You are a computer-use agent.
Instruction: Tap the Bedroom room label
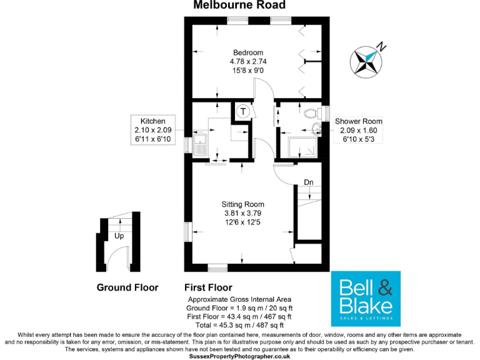click(248, 52)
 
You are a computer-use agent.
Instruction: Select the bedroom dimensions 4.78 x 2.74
click(248, 61)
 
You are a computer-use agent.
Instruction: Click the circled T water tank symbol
click(242, 112)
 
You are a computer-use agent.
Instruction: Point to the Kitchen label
click(152, 121)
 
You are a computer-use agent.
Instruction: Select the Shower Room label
click(358, 121)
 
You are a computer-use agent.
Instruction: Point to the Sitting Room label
click(243, 204)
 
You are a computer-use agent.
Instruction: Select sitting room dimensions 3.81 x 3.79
click(243, 213)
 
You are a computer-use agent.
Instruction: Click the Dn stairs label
click(309, 182)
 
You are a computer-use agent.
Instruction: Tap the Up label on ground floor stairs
click(119, 237)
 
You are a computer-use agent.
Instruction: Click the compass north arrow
click(368, 59)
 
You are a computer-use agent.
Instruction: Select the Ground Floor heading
click(127, 288)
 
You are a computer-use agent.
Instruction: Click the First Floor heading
click(208, 288)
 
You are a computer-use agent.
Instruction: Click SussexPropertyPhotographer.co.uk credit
click(239, 356)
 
